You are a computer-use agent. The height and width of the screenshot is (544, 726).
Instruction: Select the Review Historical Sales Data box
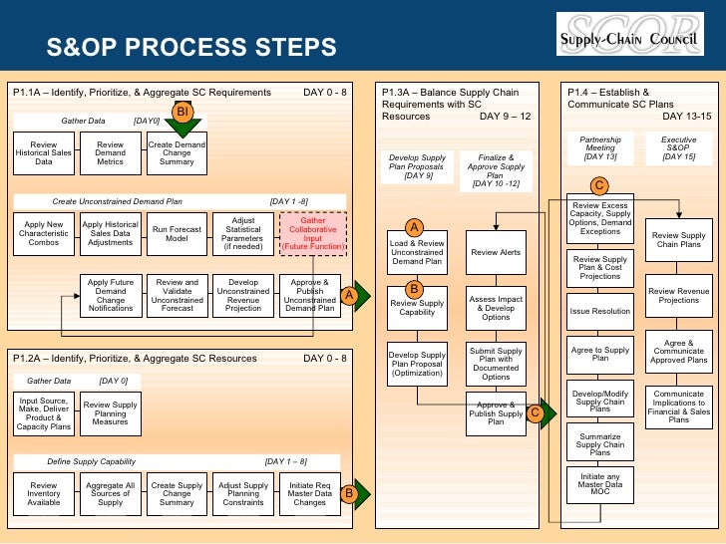[x=44, y=153]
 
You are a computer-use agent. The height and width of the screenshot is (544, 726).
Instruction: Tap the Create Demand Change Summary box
[x=177, y=153]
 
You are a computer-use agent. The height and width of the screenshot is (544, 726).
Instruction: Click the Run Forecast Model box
[x=177, y=235]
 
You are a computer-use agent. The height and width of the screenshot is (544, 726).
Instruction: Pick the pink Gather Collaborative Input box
[x=313, y=234]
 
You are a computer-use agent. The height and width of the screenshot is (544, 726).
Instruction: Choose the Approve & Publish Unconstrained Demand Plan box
[x=310, y=295]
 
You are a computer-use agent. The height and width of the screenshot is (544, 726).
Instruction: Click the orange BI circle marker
[x=182, y=113]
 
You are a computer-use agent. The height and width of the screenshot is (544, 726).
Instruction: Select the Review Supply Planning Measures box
[x=111, y=412]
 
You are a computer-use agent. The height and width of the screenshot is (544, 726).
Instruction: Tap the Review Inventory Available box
[x=44, y=493]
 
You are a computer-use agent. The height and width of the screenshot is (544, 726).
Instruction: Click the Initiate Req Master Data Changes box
[x=310, y=493]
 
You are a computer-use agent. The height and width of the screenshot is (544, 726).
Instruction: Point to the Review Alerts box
[x=496, y=253]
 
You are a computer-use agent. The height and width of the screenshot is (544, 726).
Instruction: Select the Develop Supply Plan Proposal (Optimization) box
[x=417, y=362]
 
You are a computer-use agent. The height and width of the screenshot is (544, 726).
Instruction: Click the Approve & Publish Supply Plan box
[x=496, y=412]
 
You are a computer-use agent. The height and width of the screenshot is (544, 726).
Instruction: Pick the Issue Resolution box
[x=600, y=311]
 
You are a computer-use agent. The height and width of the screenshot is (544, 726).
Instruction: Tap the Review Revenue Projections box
[x=679, y=295]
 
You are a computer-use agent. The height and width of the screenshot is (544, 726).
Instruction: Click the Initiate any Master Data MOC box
[x=600, y=484]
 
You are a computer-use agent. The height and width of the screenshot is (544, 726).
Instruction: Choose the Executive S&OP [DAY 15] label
[x=679, y=149]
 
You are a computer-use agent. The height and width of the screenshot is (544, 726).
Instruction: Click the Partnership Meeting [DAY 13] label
[x=600, y=149]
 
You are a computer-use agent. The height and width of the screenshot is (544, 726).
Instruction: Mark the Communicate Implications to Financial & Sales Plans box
[x=679, y=406]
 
